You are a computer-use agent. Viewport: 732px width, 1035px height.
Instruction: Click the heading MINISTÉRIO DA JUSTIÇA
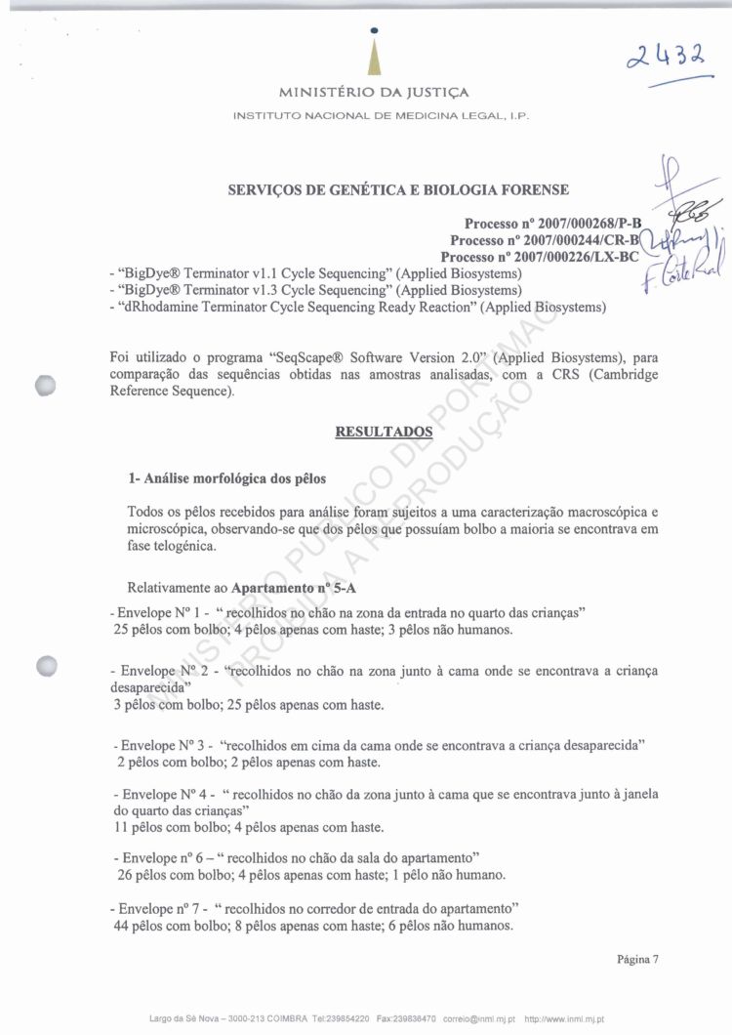pyautogui.click(x=375, y=94)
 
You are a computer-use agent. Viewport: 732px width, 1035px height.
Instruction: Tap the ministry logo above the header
pyautogui.click(x=375, y=54)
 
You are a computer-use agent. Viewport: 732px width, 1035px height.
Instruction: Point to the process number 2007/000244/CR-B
pyautogui.click(x=544, y=240)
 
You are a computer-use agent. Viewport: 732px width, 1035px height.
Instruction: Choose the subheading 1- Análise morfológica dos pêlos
pyautogui.click(x=225, y=478)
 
